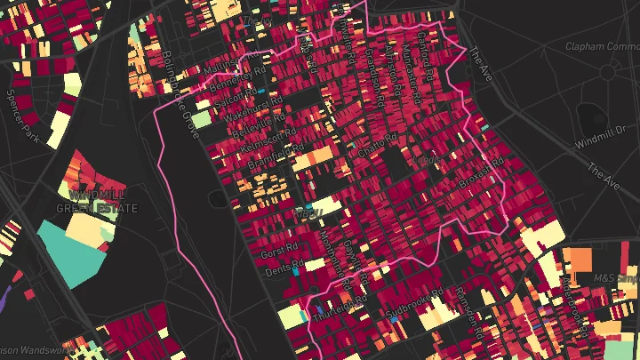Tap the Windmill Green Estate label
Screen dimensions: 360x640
[97, 202]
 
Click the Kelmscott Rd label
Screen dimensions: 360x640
[261, 141]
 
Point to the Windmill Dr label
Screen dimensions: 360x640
[608, 130]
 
